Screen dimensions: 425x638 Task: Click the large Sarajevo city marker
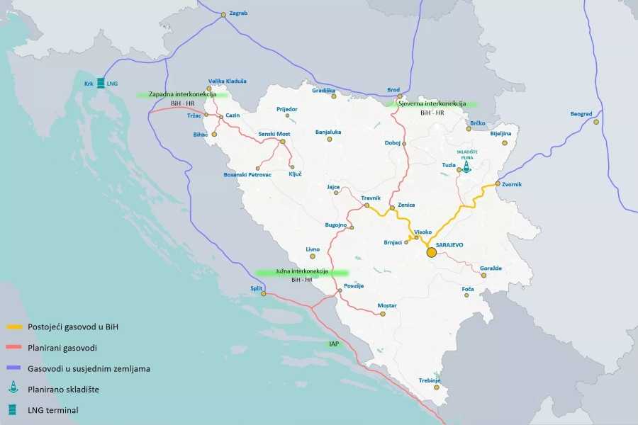431,252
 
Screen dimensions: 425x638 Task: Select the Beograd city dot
596,122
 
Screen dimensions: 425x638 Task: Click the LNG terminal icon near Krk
101,84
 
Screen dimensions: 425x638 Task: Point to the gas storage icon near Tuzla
466,166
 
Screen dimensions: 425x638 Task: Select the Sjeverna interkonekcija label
432,103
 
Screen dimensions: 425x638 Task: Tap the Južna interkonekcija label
302,271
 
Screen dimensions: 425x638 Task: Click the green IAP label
334,344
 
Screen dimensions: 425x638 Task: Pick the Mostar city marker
383,314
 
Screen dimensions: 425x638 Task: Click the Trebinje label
430,380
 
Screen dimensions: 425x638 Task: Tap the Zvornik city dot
498,184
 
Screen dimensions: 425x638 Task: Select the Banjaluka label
328,131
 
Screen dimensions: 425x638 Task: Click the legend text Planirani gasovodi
62,348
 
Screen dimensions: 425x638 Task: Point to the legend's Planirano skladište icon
14,389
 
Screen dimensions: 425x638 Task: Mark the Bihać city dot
214,134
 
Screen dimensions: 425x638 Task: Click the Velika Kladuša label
228,81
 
